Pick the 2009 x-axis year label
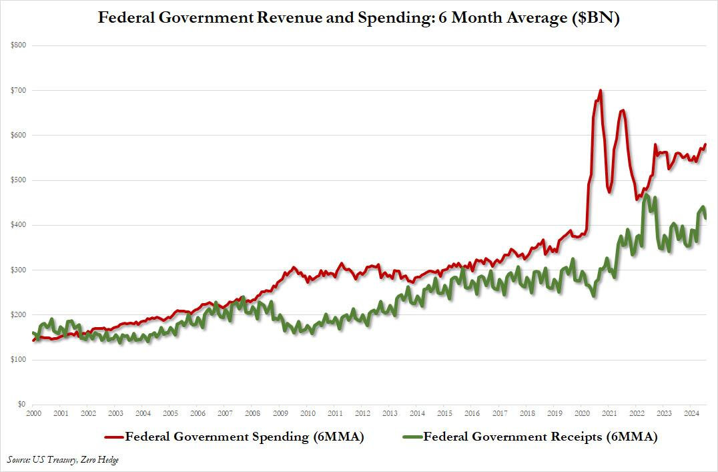pos(280,414)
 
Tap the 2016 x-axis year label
pos(472,414)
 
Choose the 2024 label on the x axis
pos(691,414)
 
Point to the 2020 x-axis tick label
pos(582,414)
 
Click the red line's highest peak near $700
pos(601,90)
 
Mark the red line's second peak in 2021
pos(623,110)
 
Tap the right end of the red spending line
pos(706,145)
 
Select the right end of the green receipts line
pos(706,218)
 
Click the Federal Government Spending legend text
pos(245,438)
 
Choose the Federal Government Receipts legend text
pos(541,438)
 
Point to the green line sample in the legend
pos(412,438)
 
